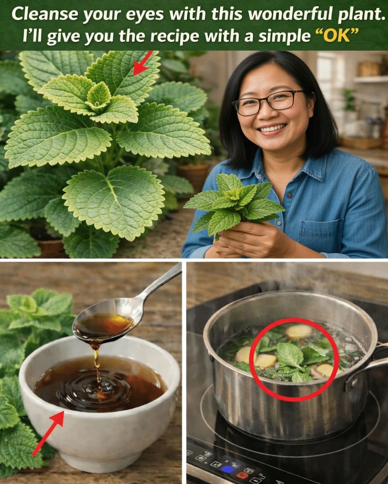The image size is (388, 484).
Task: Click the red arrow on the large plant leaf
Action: (x=143, y=63)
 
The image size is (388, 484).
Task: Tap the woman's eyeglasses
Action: (x=268, y=102)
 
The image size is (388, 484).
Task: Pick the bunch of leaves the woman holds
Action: (x=234, y=202)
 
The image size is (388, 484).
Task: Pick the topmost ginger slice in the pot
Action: (x=299, y=331)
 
